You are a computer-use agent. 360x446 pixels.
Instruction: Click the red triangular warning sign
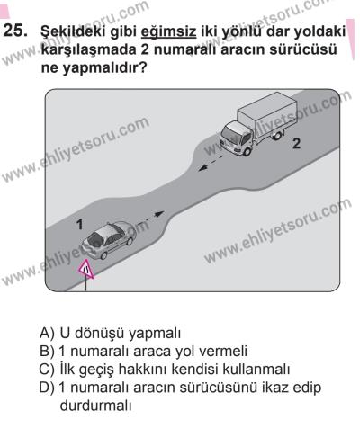tap(87, 269)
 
